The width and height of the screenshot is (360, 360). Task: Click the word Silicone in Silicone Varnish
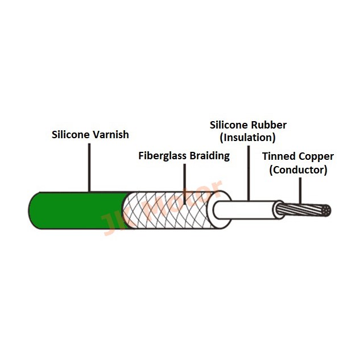[x=71, y=135]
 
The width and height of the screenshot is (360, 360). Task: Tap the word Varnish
[x=110, y=135]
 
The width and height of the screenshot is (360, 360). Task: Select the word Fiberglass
[x=162, y=156]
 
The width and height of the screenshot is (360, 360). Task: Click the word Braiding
[x=210, y=156]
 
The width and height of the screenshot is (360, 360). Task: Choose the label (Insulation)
[x=247, y=138]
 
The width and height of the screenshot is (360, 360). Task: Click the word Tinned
[x=276, y=156]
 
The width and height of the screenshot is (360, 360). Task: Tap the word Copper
[x=313, y=157]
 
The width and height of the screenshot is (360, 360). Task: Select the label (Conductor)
[x=298, y=170]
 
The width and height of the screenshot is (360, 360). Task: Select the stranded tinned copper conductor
[x=303, y=210]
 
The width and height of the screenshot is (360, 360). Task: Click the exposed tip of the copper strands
[x=326, y=210]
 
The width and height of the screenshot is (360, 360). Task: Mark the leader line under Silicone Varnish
[x=89, y=168]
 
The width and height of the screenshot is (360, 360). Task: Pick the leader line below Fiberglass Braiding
[x=185, y=184]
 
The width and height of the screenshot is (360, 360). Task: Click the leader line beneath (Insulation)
[x=249, y=173]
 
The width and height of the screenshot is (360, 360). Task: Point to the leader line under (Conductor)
[x=300, y=191]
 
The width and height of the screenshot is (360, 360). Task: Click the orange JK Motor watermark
[x=162, y=208]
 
